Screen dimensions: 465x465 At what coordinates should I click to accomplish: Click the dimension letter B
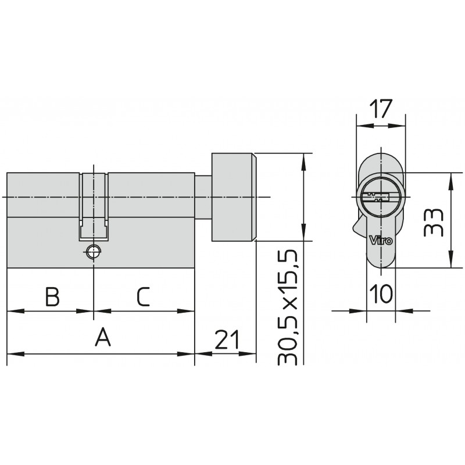52,296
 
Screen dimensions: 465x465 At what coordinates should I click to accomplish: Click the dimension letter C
144,296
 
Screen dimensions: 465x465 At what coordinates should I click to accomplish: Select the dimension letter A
103,337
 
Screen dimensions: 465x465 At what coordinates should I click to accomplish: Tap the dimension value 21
227,339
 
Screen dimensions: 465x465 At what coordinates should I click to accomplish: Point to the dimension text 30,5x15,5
287,307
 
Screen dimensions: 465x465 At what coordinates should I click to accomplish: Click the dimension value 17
381,109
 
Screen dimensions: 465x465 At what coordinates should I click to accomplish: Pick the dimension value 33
433,223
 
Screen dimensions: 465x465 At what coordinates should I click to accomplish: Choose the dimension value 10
381,294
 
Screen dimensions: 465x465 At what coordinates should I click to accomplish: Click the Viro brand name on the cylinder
381,239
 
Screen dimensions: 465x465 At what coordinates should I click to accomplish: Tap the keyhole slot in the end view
375,197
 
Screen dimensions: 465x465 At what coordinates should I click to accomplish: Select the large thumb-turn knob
234,197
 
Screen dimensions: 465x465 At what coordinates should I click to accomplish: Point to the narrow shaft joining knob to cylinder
203,197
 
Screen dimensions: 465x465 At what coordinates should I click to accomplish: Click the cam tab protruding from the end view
359,226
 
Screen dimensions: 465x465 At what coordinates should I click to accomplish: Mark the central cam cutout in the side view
94,206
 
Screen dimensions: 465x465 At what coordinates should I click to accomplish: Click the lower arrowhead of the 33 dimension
451,259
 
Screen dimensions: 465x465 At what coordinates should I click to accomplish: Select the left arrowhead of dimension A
16,354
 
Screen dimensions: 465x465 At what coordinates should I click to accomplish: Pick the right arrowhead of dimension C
186,311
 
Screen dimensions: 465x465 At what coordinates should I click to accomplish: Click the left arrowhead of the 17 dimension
365,126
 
